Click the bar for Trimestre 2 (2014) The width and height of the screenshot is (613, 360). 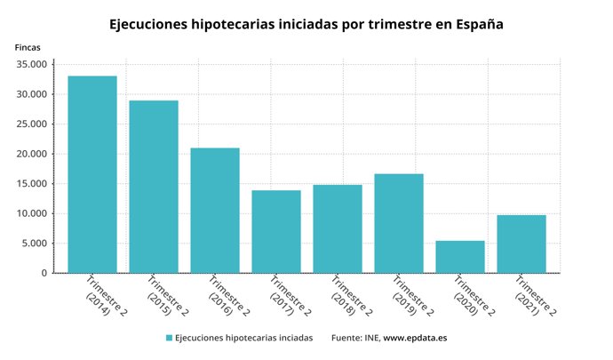pos(92,174)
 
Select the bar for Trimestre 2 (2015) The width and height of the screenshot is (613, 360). pos(154,187)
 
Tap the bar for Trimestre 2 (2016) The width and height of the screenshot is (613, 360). pos(215,211)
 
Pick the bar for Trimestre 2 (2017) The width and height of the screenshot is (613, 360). pos(276,231)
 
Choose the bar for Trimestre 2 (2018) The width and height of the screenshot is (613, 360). pos(338,228)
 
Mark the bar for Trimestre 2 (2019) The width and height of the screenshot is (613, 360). pos(399,223)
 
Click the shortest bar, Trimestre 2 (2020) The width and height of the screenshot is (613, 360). pos(460,257)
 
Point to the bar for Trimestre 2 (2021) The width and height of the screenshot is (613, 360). pos(521,244)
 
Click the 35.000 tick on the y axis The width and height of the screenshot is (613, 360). pos(32,65)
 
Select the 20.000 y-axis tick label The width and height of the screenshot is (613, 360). pos(32,154)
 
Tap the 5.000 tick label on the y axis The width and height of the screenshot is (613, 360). pos(35,244)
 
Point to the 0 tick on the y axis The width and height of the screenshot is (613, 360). pos(43,273)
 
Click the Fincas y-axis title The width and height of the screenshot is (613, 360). pos(28,46)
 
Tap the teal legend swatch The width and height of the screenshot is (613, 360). pos(169,338)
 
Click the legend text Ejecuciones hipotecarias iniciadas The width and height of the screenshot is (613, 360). pos(243,338)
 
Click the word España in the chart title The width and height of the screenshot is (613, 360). pos(475,25)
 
